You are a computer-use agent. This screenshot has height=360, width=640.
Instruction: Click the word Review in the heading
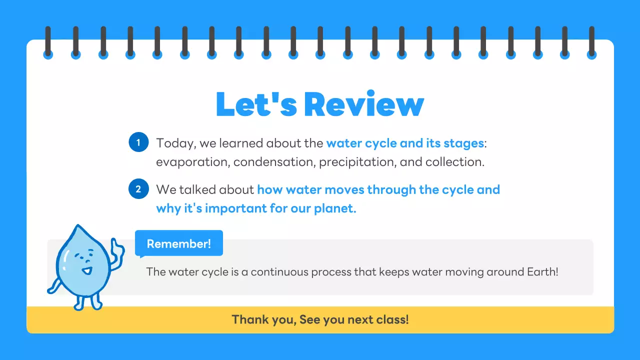click(x=364, y=104)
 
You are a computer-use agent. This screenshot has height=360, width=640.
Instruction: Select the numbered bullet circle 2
click(x=138, y=189)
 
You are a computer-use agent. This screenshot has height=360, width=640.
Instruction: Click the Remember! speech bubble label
click(x=179, y=244)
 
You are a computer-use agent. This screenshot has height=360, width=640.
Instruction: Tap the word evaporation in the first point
click(x=192, y=162)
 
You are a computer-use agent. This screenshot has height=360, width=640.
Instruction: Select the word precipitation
click(x=359, y=162)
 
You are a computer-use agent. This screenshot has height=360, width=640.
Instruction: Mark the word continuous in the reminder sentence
click(x=279, y=272)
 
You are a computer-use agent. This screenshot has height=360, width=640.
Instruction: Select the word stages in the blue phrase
click(x=464, y=143)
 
